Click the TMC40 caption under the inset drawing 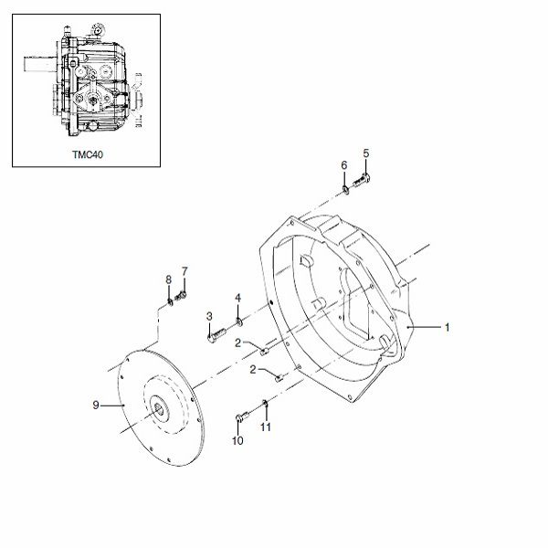click(88, 154)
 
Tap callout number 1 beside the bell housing click(447, 328)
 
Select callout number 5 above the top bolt click(366, 153)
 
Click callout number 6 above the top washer click(344, 165)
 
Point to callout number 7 click(184, 271)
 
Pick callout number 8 click(168, 279)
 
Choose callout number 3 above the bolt click(209, 317)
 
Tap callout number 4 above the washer click(238, 298)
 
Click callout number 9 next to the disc click(96, 405)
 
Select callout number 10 click(237, 441)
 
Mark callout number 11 click(266, 427)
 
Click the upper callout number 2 click(238, 343)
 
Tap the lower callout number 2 click(253, 369)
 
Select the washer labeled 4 click(239, 321)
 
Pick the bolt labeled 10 click(242, 416)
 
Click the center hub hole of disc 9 click(159, 408)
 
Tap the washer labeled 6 click(345, 190)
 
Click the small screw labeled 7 click(181, 296)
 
